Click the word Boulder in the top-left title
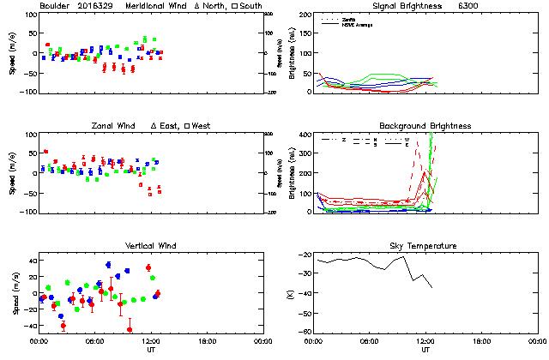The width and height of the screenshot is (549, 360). pyautogui.click(x=53, y=6)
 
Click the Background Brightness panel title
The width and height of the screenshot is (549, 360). pyautogui.click(x=425, y=126)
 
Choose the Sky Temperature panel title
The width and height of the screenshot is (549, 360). pyautogui.click(x=425, y=246)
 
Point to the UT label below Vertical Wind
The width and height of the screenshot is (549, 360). pyautogui.click(x=148, y=351)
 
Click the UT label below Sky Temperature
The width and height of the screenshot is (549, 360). pyautogui.click(x=425, y=351)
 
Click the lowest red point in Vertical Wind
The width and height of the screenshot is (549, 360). pyautogui.click(x=130, y=329)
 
